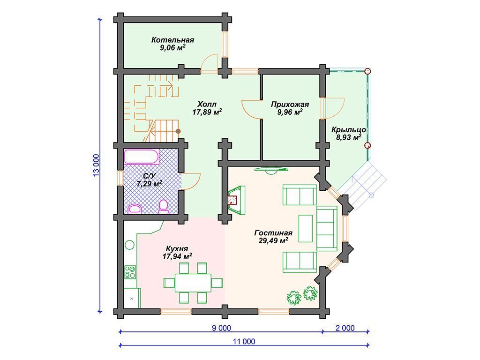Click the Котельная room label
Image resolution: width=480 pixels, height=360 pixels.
coord(172,40)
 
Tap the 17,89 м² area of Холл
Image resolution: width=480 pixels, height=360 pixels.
coord(207,112)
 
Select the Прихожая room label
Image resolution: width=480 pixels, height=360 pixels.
coord(290,105)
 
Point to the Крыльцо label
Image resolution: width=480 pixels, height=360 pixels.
coord(349,130)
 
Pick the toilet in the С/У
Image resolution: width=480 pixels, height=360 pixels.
coord(164,207)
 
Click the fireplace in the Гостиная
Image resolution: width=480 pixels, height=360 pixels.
coord(236,200)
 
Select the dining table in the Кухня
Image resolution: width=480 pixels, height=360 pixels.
coord(193,283)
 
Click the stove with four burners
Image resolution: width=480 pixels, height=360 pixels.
coord(130,272)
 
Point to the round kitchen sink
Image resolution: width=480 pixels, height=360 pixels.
coord(130,246)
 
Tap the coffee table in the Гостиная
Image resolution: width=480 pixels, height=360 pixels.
coord(306,228)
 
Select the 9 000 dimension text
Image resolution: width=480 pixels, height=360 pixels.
coord(221,328)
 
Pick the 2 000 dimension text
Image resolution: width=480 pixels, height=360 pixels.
coord(345,328)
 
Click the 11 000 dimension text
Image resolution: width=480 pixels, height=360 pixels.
coord(244,341)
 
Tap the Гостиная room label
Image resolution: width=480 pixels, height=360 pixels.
coord(273,233)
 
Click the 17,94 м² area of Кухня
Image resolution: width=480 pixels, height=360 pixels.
coord(177,256)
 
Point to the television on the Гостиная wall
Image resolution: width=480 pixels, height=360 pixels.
coord(270,169)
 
